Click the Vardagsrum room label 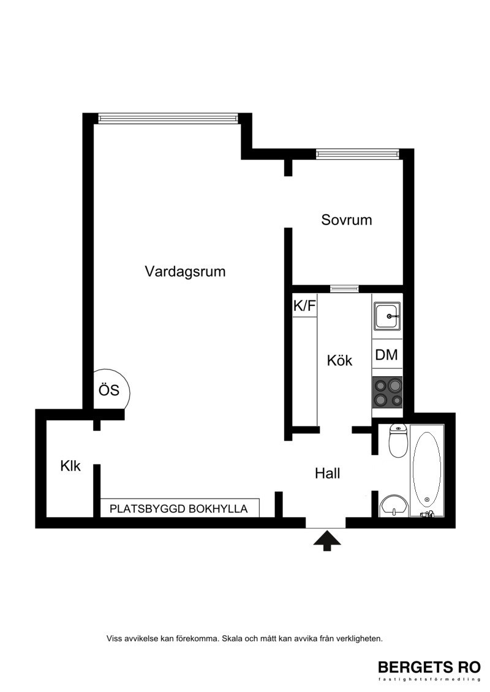(185, 271)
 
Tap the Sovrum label (347, 220)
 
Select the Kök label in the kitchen (339, 360)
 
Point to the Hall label (328, 474)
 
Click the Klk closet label (70, 466)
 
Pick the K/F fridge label (304, 305)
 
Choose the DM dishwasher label (386, 355)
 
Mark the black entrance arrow (327, 540)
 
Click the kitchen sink (388, 316)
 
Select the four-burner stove (388, 393)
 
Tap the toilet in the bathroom (398, 441)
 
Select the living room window (168, 118)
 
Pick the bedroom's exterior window (358, 154)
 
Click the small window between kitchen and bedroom (344, 289)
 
